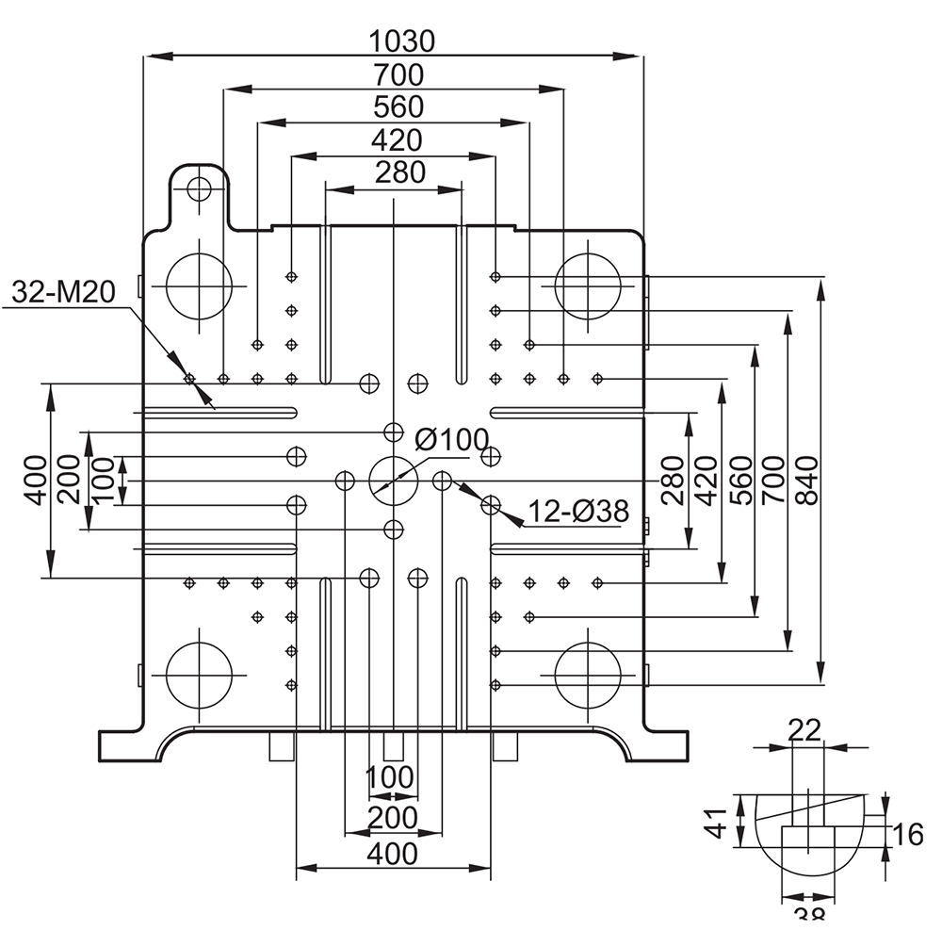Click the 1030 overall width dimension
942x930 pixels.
point(401,42)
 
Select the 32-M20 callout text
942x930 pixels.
point(64,292)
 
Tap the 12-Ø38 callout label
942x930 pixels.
point(578,512)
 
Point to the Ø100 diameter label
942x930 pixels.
point(452,440)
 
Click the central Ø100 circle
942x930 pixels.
point(394,457)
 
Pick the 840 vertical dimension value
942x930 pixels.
point(808,481)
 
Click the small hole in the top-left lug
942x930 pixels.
point(199,189)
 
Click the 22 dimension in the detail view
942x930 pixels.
point(804,730)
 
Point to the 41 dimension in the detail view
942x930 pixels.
point(716,824)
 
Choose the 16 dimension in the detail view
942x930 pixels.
point(906,835)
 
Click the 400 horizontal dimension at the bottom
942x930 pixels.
point(392,854)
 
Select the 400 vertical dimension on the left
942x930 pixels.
point(36,480)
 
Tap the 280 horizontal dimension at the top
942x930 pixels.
point(400,172)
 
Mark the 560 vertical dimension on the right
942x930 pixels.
point(742,480)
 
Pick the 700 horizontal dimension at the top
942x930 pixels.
point(398,75)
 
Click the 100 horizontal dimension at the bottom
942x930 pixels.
point(390,777)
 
